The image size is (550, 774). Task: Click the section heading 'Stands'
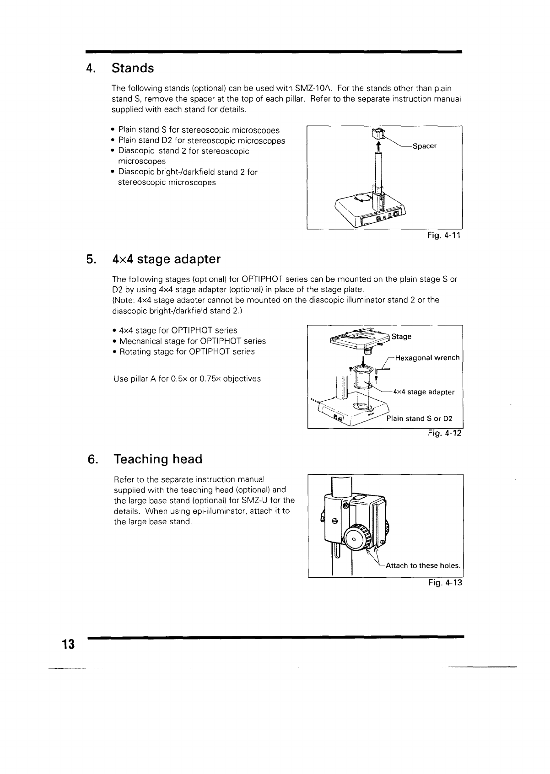tap(133, 68)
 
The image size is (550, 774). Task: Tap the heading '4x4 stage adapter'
tap(166, 259)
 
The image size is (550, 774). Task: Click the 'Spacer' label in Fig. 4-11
tap(424, 146)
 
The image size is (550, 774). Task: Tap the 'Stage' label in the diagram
tap(401, 337)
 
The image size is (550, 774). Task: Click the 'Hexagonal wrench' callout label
tap(426, 358)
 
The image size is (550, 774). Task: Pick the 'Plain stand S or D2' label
tap(419, 418)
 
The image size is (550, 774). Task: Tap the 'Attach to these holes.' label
tap(422, 565)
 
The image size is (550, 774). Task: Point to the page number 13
tap(68, 645)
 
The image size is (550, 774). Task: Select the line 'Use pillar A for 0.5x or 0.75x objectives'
tap(187, 379)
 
